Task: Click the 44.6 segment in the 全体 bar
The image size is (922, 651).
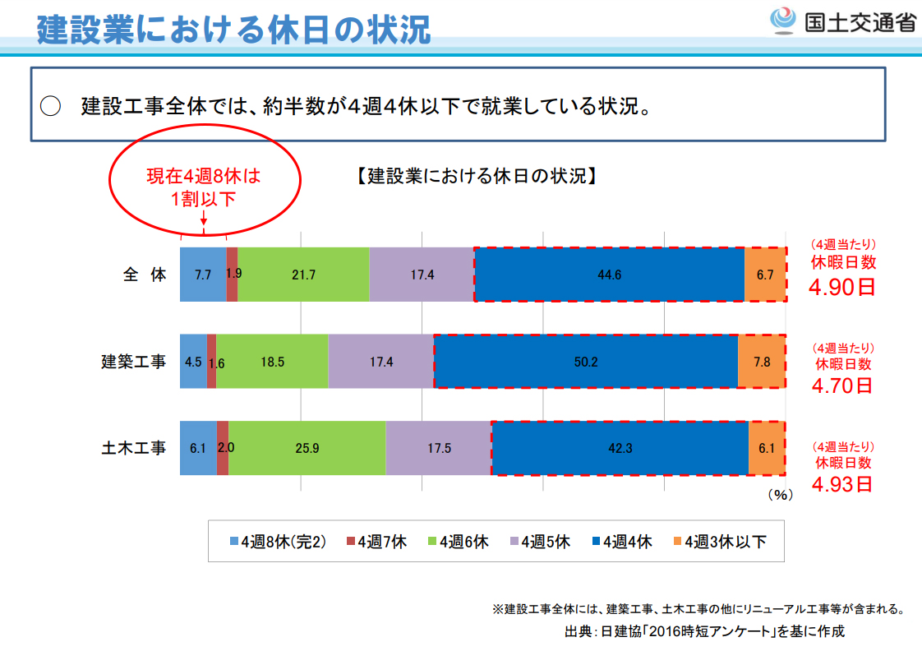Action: click(609, 275)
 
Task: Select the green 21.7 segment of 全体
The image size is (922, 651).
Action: click(303, 275)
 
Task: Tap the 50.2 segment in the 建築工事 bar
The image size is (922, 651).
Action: click(585, 362)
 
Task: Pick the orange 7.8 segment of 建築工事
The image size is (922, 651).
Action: click(761, 362)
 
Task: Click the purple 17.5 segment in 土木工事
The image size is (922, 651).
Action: click(438, 448)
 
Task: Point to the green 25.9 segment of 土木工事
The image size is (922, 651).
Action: click(307, 448)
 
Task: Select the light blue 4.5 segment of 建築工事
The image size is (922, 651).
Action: click(193, 362)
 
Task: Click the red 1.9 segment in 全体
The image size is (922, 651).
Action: click(233, 275)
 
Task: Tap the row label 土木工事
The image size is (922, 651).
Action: click(133, 448)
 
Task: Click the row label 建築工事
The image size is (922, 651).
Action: click(133, 362)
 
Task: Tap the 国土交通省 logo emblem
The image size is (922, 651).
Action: click(781, 20)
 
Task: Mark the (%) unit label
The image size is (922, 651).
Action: click(779, 495)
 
